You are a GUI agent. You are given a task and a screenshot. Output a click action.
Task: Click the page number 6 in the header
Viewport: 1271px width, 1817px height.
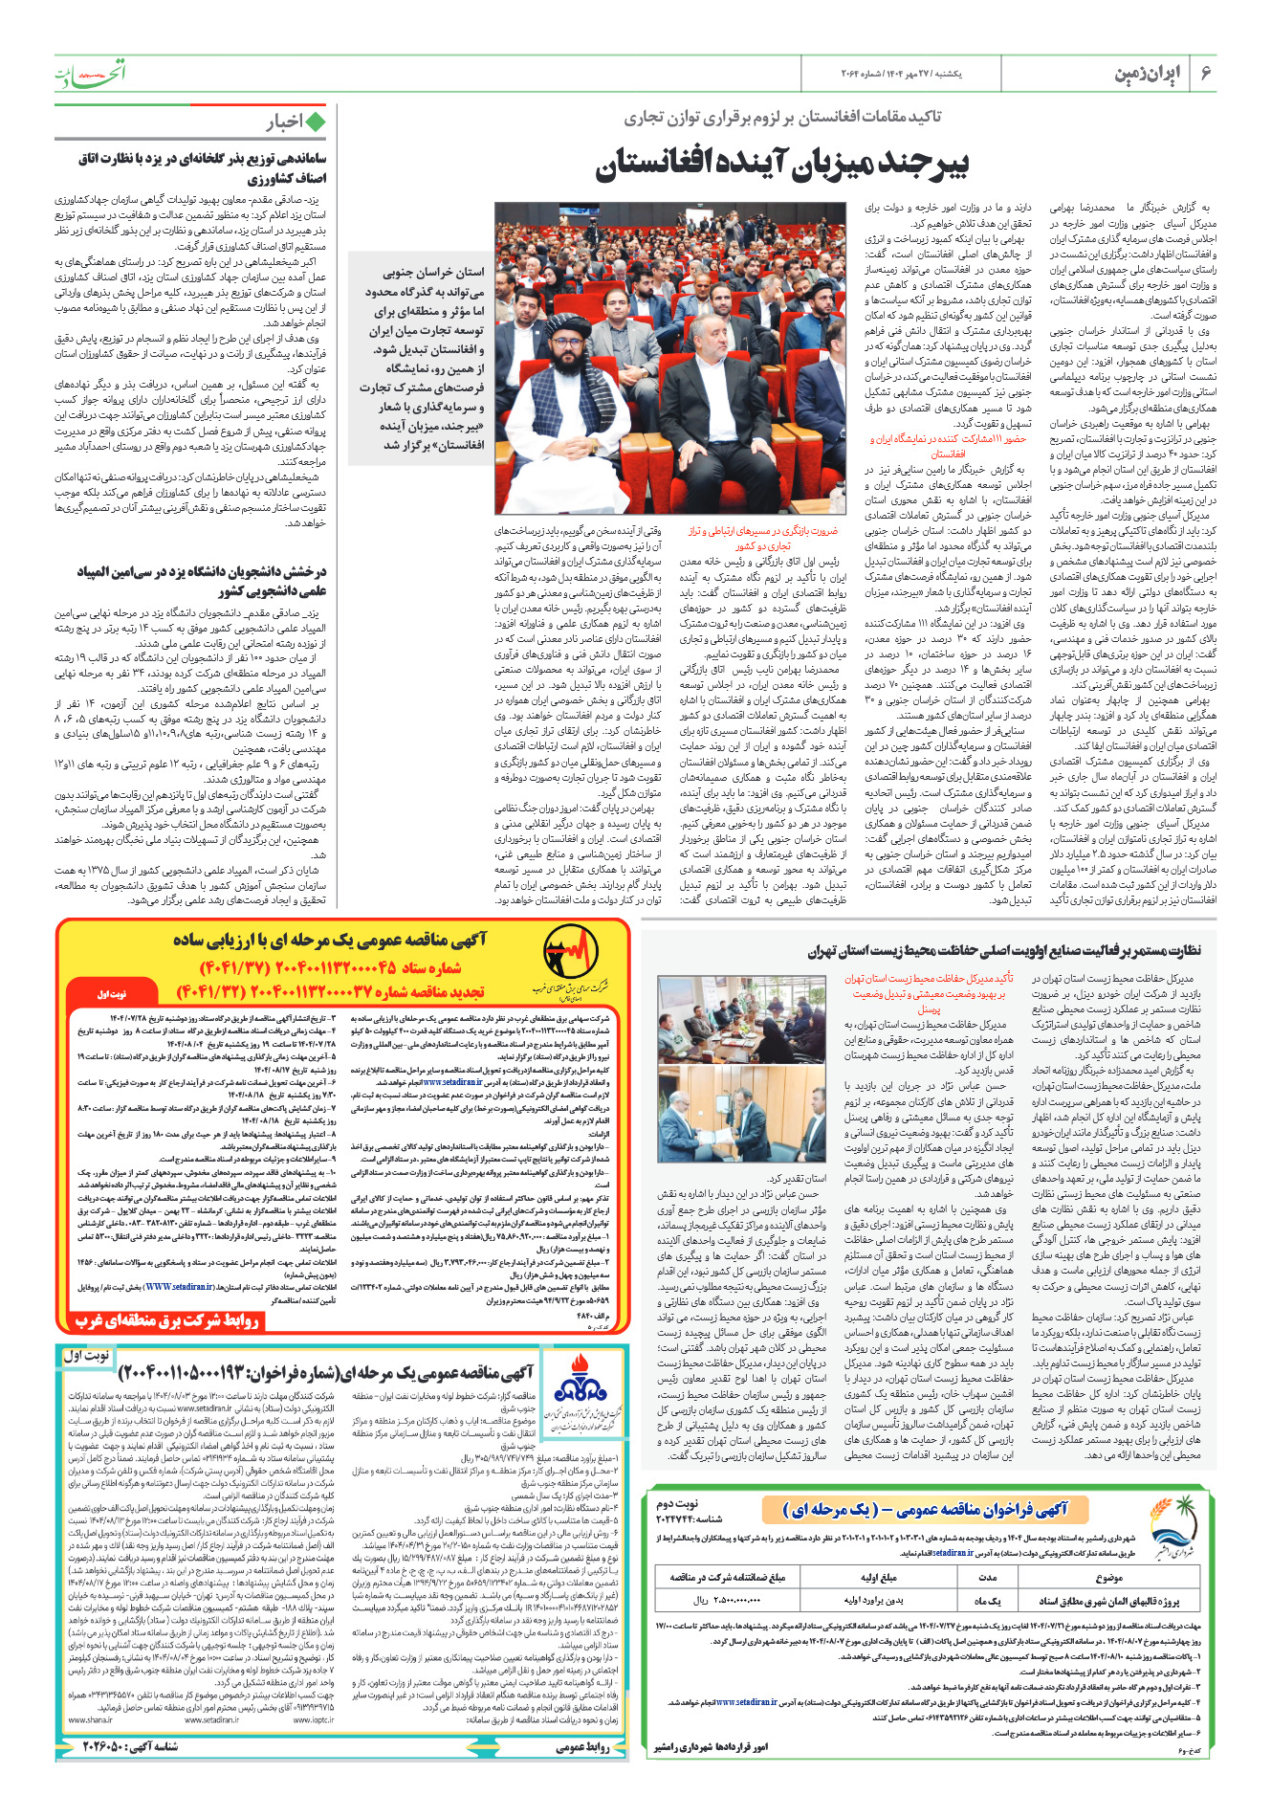tap(1206, 74)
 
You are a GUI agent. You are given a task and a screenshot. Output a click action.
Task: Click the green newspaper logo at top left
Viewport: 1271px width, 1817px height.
tap(89, 72)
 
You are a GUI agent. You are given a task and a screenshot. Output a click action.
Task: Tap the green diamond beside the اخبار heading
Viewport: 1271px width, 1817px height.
tap(314, 122)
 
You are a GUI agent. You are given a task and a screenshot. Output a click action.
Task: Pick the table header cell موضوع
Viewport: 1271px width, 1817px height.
tap(1108, 1578)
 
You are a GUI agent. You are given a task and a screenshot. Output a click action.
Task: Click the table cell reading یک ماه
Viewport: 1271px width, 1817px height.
tap(989, 1600)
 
